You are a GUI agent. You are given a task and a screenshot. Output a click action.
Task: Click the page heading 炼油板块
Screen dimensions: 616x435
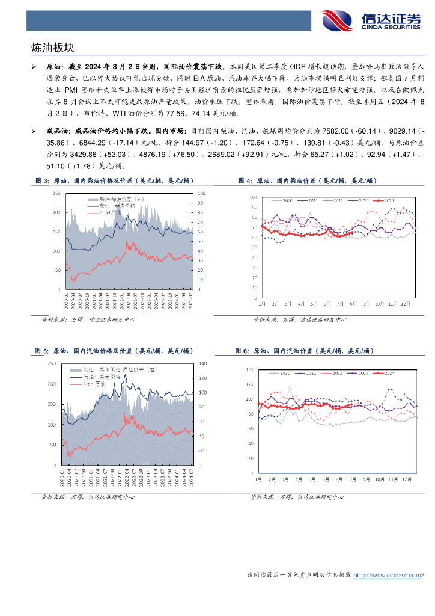coord(52,47)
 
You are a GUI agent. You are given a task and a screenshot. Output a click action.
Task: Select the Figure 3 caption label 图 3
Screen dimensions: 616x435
coord(41,180)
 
